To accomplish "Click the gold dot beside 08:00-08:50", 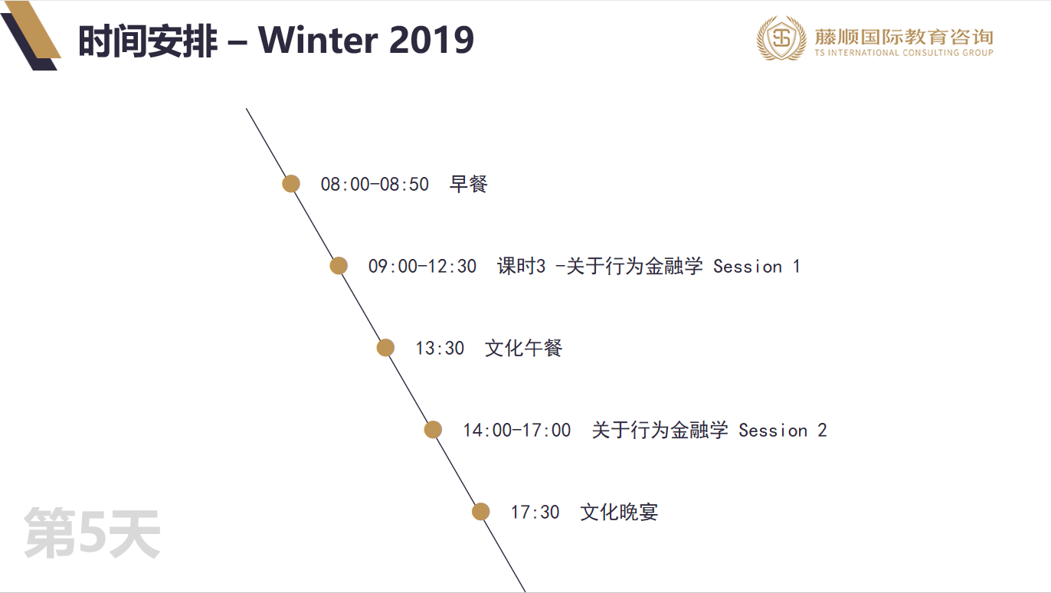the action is click(291, 183).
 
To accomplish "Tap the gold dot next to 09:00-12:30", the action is click(339, 266).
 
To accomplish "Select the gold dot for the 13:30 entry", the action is click(385, 348).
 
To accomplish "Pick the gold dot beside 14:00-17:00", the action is click(433, 430).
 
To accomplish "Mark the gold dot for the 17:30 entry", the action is click(480, 512).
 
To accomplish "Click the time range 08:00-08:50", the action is click(375, 185).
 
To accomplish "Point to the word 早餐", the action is click(468, 184).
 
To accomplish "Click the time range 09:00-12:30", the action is click(422, 267).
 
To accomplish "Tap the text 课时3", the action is click(521, 266).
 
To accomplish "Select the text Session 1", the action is click(756, 267).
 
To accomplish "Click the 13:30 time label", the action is click(440, 349).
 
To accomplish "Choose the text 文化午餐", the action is click(523, 348).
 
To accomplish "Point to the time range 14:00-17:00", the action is click(516, 431).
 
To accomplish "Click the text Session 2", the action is click(783, 431).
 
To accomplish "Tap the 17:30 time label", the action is click(535, 513).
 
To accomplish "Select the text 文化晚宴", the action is click(619, 513).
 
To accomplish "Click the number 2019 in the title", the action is click(432, 40).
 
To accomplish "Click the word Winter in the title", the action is click(318, 40).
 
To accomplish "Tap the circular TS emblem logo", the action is click(781, 38).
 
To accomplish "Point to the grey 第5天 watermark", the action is click(92, 533).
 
